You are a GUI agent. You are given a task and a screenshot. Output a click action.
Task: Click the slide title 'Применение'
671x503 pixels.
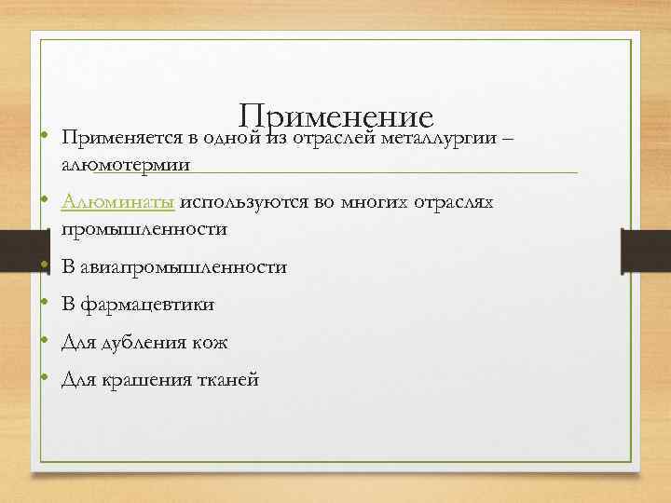click(336, 117)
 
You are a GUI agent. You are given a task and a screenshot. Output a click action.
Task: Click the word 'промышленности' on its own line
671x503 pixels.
click(144, 229)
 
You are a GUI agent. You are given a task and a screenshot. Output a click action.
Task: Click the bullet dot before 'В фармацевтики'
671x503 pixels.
click(45, 305)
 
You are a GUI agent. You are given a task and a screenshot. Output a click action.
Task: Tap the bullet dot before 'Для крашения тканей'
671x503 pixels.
click(45, 380)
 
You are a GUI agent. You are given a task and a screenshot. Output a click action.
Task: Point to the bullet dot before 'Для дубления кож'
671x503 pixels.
click(45, 343)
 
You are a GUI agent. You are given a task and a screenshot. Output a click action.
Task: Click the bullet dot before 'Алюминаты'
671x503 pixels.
click(45, 202)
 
